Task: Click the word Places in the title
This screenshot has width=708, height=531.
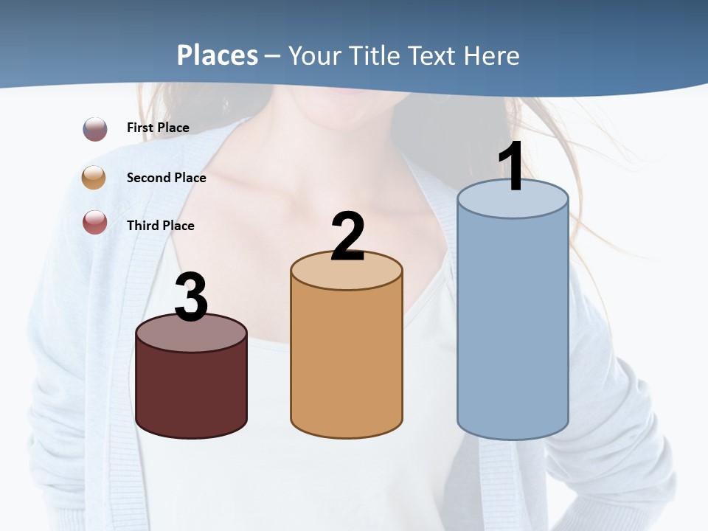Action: pyautogui.click(x=217, y=55)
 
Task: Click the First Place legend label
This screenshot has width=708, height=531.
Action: pyautogui.click(x=158, y=128)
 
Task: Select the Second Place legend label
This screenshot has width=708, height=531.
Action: pyautogui.click(x=166, y=178)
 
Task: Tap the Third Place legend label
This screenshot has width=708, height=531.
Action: pyautogui.click(x=160, y=226)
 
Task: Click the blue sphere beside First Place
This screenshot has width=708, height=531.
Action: pyautogui.click(x=95, y=129)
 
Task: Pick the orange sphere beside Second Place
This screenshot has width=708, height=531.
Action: pyautogui.click(x=94, y=178)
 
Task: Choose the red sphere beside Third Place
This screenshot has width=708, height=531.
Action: pyautogui.click(x=95, y=222)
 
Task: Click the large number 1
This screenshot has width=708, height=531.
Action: pyautogui.click(x=511, y=167)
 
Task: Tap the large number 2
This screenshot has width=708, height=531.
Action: pyautogui.click(x=347, y=237)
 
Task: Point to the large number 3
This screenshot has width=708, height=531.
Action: pyautogui.click(x=191, y=298)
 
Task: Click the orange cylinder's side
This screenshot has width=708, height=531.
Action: pyautogui.click(x=347, y=361)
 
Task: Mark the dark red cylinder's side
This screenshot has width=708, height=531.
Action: pyautogui.click(x=191, y=391)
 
